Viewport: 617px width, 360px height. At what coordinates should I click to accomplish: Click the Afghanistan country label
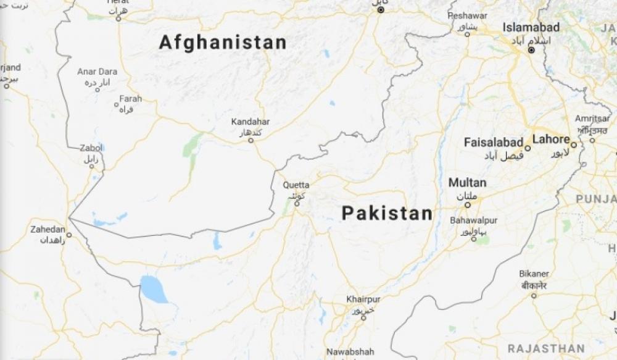tap(223, 43)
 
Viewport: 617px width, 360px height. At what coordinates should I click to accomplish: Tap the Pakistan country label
tap(387, 214)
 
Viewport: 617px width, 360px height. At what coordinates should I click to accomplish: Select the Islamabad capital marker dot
tap(531, 50)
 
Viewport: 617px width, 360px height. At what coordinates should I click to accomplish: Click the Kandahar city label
tap(251, 122)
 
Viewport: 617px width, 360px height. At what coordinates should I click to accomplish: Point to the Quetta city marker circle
tap(297, 204)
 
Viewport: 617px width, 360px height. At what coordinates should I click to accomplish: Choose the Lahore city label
tap(550, 139)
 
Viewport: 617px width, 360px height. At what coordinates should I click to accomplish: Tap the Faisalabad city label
tap(494, 143)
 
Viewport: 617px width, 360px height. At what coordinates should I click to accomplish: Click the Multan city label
tap(467, 183)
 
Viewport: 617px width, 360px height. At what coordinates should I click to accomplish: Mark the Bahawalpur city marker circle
tap(474, 238)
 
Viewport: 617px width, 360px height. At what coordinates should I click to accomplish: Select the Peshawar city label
tap(467, 15)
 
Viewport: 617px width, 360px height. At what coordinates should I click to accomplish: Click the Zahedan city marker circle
tap(69, 235)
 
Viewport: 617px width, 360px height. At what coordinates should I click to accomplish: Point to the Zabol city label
tap(91, 148)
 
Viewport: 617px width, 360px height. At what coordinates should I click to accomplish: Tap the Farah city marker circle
tap(116, 104)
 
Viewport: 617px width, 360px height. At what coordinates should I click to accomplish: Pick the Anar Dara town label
tap(97, 72)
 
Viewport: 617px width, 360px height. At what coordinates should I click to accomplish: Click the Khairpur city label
tap(363, 299)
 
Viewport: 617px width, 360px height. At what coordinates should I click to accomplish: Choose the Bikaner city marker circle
tap(534, 296)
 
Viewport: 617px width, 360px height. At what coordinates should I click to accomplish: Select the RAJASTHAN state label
tap(546, 348)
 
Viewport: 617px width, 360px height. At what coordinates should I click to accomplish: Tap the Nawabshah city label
tap(350, 351)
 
